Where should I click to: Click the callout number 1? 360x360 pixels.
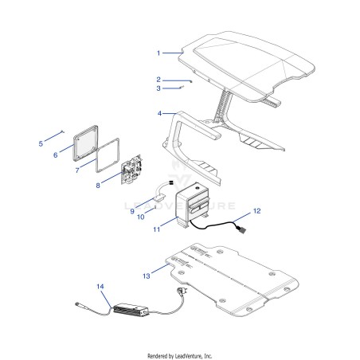[x=158, y=53]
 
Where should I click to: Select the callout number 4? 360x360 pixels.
[x=159, y=113]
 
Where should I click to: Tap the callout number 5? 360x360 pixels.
[x=41, y=143]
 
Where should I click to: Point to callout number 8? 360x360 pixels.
[x=98, y=186]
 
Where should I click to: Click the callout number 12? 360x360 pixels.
[x=257, y=211]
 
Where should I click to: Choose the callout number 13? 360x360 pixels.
[x=147, y=276]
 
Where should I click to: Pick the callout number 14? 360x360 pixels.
[x=100, y=287]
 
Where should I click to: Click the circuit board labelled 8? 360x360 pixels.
[x=131, y=170]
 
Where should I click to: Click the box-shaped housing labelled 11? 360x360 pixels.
[x=192, y=204]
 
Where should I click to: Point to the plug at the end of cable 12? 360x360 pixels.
[x=241, y=229]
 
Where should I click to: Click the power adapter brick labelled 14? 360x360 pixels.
[x=131, y=310]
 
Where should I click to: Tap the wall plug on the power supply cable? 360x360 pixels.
[x=182, y=291]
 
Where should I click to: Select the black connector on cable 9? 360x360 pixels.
[x=171, y=182]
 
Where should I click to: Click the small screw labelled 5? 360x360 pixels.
[x=63, y=131]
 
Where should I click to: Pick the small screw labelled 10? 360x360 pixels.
[x=155, y=208]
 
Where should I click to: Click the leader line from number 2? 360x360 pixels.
[x=177, y=80]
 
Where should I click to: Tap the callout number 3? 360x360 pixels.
[x=158, y=88]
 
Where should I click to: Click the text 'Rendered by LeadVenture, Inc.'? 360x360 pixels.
[x=180, y=356]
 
